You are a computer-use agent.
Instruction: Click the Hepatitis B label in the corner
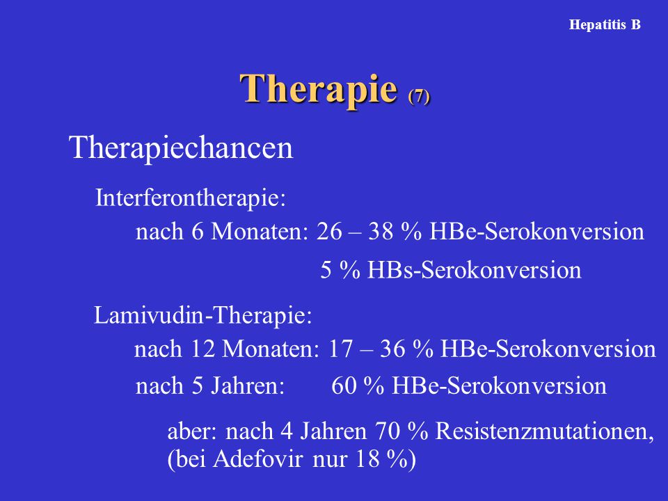pyautogui.click(x=605, y=25)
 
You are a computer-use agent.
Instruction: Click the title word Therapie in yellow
pyautogui.click(x=319, y=88)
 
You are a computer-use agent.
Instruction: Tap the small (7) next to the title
pyautogui.click(x=419, y=96)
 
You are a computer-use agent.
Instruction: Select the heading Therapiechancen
pyautogui.click(x=181, y=148)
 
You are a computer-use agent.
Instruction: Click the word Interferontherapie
pyautogui.click(x=190, y=198)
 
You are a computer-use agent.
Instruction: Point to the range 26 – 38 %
pyautogui.click(x=369, y=231)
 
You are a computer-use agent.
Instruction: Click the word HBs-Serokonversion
pyautogui.click(x=474, y=270)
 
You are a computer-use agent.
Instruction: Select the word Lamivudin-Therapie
pyautogui.click(x=202, y=315)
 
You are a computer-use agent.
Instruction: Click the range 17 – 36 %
pyautogui.click(x=381, y=349)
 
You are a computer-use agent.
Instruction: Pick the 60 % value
pyautogui.click(x=358, y=386)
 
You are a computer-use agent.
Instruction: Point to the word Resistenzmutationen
pyautogui.click(x=544, y=431)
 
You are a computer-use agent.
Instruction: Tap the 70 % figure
pyautogui.click(x=401, y=431)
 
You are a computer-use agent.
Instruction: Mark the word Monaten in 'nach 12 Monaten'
pyautogui.click(x=271, y=349)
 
